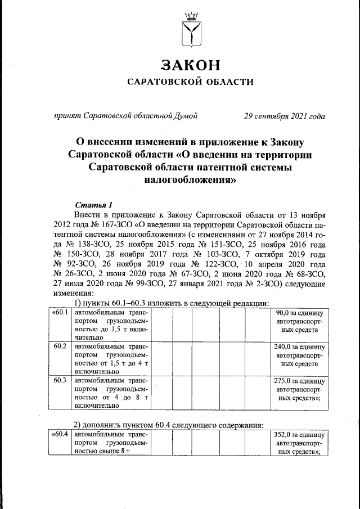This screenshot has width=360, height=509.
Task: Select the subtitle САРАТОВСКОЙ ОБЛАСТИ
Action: pyautogui.click(x=190, y=82)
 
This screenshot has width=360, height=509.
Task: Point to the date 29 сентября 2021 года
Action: pyautogui.click(x=284, y=117)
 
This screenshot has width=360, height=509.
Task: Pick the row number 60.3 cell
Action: pyautogui.click(x=60, y=380)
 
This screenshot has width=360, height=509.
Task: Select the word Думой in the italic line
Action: pyautogui.click(x=186, y=117)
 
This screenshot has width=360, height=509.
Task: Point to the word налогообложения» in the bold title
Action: pyautogui.click(x=190, y=181)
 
